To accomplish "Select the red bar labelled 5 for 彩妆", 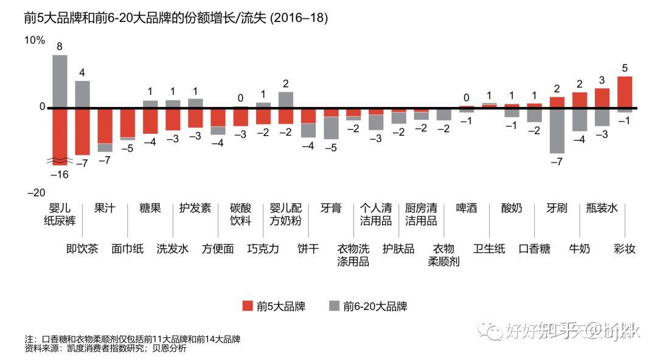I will [625, 92].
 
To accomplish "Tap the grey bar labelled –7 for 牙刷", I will [557, 131].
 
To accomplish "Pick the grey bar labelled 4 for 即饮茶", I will [82, 94].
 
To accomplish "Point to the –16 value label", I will [60, 175].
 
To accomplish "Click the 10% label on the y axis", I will [34, 40].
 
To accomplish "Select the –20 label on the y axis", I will [36, 193].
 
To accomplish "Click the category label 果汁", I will [105, 208].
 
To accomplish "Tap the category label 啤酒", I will [467, 208].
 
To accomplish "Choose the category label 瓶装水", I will [602, 208].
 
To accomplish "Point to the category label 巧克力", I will [263, 249].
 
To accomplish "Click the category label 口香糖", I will [534, 249].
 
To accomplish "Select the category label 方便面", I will [218, 249].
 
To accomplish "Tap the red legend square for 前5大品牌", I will [247, 305].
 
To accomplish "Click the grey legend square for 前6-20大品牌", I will [333, 305].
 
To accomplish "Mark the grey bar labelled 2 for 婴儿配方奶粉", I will [286, 100].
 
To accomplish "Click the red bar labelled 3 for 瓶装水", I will [602, 98].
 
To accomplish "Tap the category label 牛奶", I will [579, 249].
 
